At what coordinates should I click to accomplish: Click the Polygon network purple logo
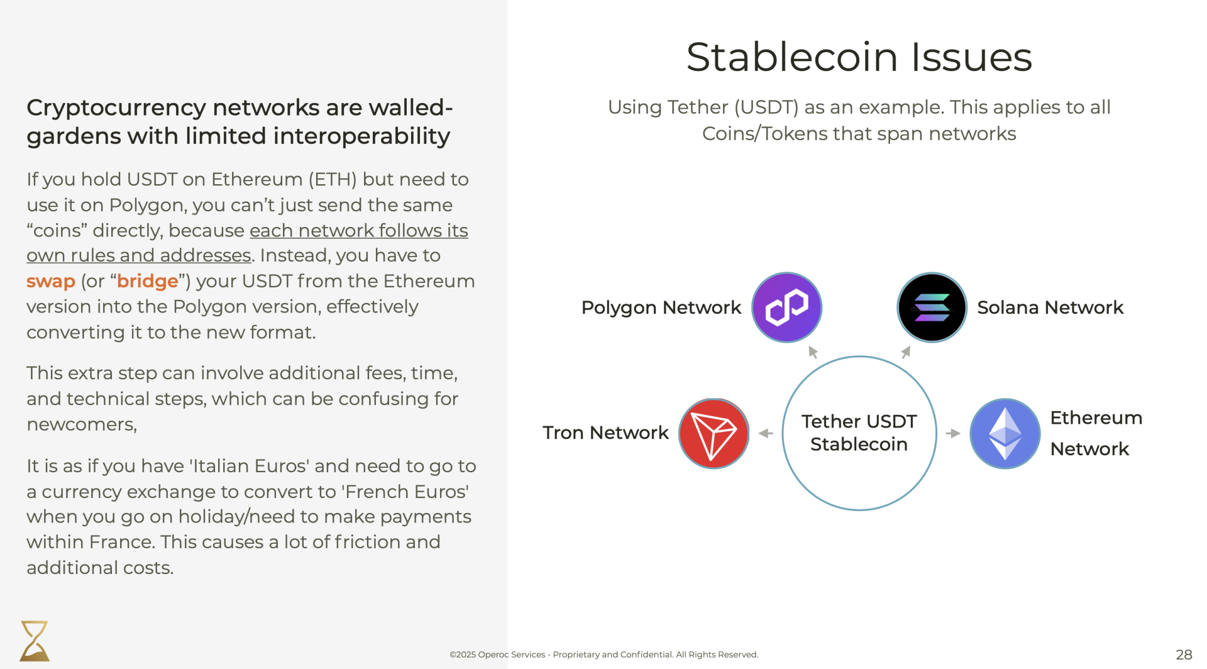(x=786, y=307)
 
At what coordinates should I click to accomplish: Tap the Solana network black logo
(x=932, y=307)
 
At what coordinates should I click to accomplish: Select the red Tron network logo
(x=714, y=433)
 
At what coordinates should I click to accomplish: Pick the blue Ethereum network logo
(x=1005, y=433)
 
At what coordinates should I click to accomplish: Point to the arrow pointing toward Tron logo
(x=766, y=433)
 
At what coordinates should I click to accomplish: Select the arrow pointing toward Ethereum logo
(x=953, y=433)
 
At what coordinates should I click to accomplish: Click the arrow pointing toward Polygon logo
(x=813, y=352)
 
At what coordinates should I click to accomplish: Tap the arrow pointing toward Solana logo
(x=906, y=352)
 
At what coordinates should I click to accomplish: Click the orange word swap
(x=51, y=281)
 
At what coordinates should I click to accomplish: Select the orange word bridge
(x=148, y=281)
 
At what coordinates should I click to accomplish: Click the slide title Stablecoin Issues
(x=859, y=57)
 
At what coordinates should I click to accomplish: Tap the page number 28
(x=1184, y=655)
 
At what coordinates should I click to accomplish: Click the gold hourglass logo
(x=35, y=641)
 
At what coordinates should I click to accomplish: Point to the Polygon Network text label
(x=661, y=307)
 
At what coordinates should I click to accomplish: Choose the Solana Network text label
(x=1050, y=307)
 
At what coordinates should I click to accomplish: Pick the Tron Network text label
(x=605, y=433)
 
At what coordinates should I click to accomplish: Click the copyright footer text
(x=603, y=655)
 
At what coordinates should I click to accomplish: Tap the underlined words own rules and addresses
(x=139, y=256)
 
